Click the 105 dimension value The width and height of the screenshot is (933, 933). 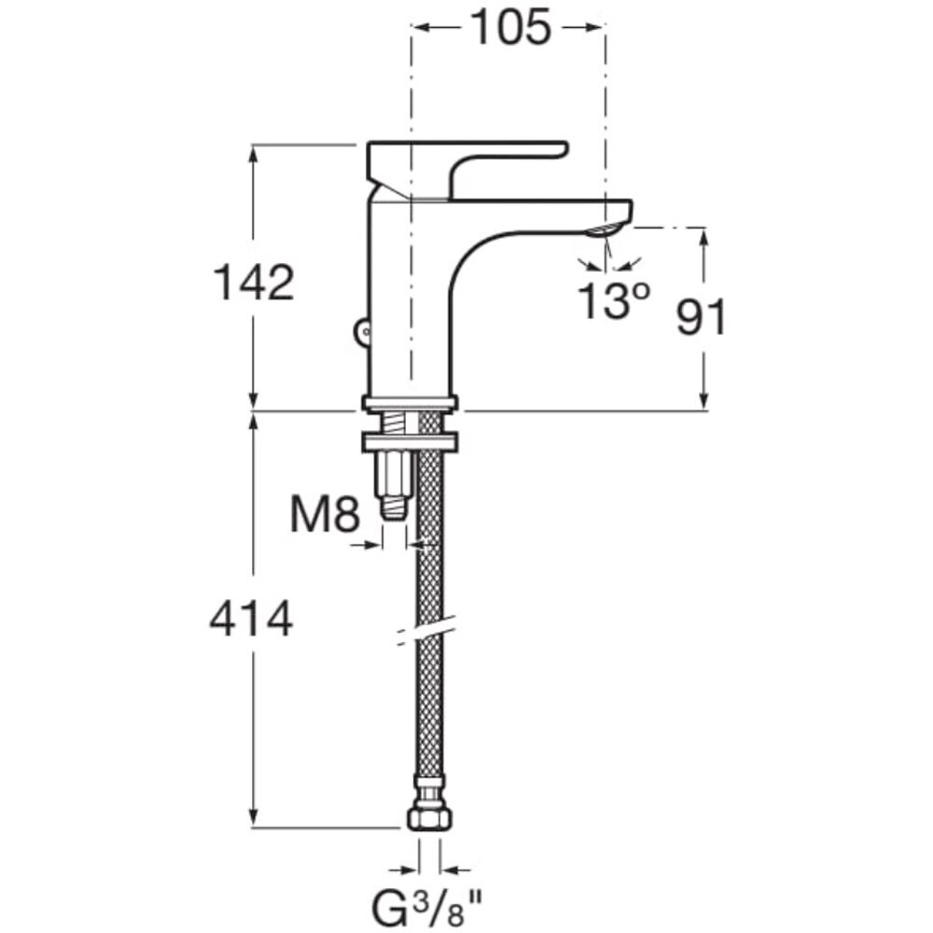(511, 28)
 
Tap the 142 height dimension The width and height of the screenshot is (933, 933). (254, 283)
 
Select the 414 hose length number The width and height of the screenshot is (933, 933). (251, 619)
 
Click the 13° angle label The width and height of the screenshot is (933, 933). (614, 300)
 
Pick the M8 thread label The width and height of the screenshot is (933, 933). (325, 515)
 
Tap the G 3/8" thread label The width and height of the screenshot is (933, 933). (426, 909)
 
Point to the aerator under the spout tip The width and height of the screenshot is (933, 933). (606, 230)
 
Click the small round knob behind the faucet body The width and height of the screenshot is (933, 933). (361, 331)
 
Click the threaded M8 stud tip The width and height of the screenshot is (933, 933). (395, 508)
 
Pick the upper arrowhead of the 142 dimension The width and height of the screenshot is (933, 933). (254, 154)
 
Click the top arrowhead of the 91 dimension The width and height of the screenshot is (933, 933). (704, 236)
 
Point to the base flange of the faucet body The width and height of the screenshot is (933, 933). (411, 403)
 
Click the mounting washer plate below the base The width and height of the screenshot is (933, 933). (411, 442)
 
